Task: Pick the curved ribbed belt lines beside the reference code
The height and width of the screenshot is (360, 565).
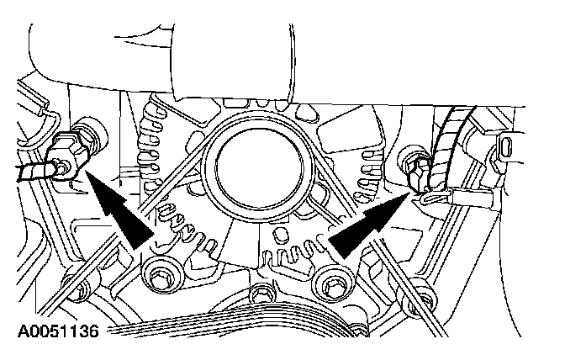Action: click(210, 332)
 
